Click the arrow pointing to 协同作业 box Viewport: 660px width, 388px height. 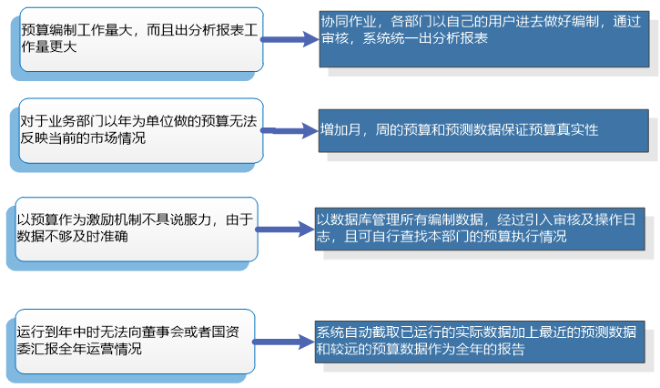click(289, 39)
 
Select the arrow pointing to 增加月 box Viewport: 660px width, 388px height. click(289, 130)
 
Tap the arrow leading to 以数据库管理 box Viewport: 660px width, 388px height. click(285, 230)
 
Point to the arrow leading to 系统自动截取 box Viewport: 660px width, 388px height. click(284, 342)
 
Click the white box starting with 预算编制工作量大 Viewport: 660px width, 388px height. click(141, 39)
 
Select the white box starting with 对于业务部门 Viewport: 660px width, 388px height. click(141, 130)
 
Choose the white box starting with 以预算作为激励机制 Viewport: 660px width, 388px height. click(137, 230)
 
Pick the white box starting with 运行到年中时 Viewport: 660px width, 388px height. click(135, 342)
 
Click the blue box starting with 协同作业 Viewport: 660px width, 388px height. click(484, 39)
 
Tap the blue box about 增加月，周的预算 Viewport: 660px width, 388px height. click(483, 130)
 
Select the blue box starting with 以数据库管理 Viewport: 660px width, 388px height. click(480, 230)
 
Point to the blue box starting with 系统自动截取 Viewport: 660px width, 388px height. click(480, 342)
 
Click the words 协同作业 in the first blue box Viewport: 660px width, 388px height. click(349, 22)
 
